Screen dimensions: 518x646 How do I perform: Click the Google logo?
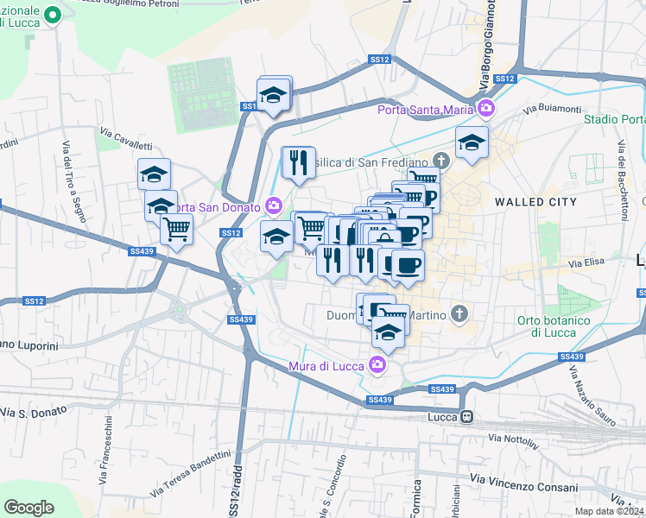point(29,508)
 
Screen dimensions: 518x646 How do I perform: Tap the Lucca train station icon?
point(466,417)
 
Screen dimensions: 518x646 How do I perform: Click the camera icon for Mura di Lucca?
point(377,363)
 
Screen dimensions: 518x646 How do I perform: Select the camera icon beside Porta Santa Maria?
point(486,109)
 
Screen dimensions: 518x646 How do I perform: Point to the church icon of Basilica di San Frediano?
point(441,161)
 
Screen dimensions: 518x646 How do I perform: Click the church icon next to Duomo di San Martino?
point(459,315)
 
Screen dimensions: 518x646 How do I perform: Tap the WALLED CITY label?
point(535,201)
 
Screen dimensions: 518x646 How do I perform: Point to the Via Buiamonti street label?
point(552,109)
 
